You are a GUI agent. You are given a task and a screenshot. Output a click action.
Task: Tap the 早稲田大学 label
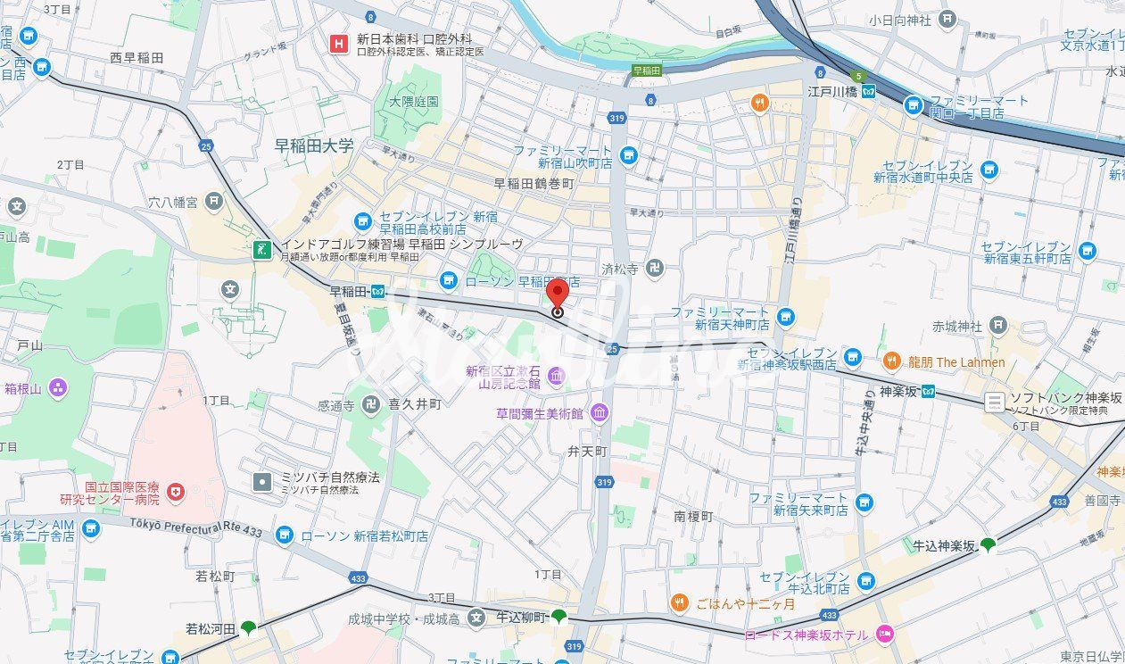[x=314, y=145]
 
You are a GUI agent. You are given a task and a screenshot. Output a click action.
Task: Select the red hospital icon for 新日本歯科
[x=339, y=43]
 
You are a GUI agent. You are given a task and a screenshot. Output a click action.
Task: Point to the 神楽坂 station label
[x=899, y=391]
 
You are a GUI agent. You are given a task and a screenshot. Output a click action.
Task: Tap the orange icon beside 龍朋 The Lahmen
[x=891, y=361]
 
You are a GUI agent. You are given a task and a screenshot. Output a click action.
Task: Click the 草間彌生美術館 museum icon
[x=599, y=413]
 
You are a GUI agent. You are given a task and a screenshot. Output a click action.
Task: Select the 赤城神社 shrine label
[x=956, y=326]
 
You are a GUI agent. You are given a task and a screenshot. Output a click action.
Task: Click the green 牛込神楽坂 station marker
[x=988, y=544]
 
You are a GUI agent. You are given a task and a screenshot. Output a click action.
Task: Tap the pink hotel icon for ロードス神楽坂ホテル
[x=885, y=635]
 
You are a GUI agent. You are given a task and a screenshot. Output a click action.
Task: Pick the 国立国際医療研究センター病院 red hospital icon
[x=175, y=491]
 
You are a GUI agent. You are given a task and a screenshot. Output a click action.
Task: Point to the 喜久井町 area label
[x=415, y=404]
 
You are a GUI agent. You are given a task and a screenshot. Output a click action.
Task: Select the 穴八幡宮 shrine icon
[x=213, y=202]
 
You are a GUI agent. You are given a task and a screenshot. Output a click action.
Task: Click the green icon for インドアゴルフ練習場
[x=262, y=250]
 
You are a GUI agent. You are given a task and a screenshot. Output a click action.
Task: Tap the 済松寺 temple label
[x=618, y=268]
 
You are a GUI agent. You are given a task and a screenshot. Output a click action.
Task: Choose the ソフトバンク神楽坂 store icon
[x=995, y=403]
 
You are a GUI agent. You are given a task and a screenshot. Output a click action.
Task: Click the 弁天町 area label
[x=587, y=452]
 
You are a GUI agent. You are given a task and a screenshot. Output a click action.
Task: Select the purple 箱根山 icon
[x=58, y=387]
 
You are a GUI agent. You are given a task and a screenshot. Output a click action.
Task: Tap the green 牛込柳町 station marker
[x=558, y=616]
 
